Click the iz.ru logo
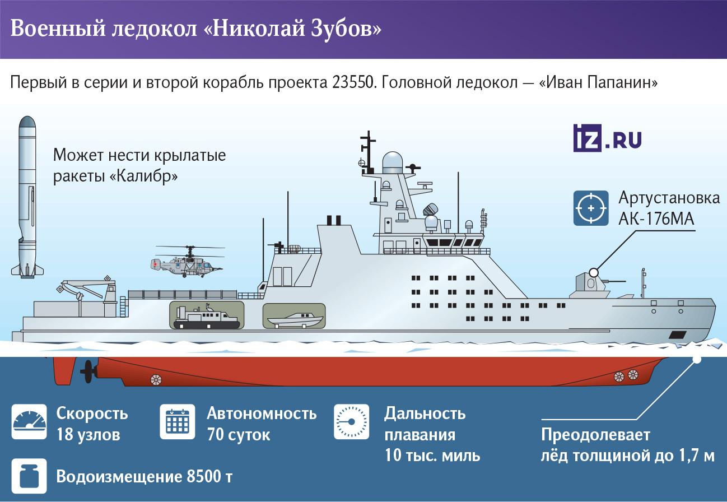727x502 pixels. [607, 138]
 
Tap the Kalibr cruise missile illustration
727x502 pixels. [27, 197]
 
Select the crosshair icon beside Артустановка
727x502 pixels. [591, 208]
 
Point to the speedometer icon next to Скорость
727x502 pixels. [29, 422]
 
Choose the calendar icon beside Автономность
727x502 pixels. [178, 422]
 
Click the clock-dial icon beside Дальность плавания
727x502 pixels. [352, 422]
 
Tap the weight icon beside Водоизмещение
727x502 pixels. [29, 476]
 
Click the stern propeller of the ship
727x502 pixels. [87, 371]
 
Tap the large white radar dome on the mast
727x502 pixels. [393, 163]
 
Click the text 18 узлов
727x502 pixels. [88, 434]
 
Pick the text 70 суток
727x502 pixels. [239, 434]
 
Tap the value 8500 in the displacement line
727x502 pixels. [203, 477]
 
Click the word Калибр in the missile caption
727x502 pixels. [144, 176]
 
